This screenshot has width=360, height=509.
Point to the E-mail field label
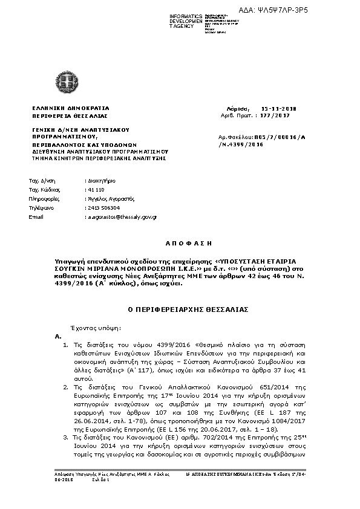click(37, 216)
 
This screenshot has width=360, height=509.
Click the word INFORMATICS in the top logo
click(186, 15)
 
